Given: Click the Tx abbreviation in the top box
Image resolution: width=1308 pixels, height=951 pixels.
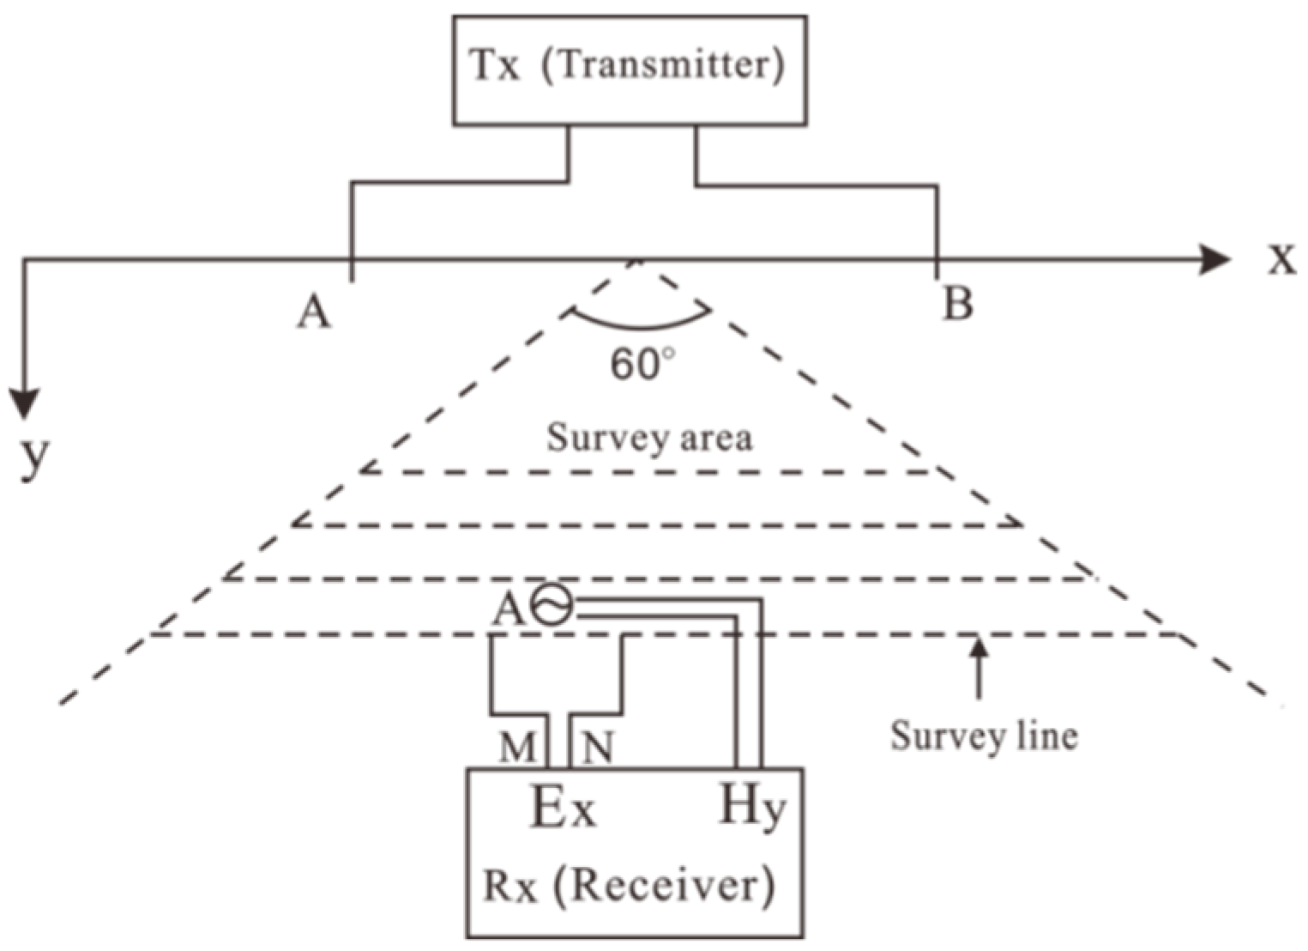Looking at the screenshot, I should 495,65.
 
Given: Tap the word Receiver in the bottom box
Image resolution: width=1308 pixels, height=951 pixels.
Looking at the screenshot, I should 665,885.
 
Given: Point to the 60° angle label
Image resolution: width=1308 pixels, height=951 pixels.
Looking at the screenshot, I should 642,365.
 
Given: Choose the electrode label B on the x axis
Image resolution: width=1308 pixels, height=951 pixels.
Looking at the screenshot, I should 957,303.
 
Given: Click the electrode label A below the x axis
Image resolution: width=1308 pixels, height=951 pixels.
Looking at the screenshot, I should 314,312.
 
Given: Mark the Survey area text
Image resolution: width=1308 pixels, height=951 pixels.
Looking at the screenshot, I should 649,438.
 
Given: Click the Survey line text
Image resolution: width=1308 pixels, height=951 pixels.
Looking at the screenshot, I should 983,736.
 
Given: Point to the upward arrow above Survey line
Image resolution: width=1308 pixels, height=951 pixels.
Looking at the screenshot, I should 979,665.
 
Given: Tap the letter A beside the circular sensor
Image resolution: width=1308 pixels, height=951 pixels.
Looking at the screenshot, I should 508,610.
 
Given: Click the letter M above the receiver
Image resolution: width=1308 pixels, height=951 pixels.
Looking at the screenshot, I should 517,748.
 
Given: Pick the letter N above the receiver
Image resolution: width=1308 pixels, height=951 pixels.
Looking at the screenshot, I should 598,748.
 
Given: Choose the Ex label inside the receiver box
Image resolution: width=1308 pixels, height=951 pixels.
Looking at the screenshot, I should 563,809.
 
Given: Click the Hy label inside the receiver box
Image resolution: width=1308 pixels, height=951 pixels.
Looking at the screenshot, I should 750,807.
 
